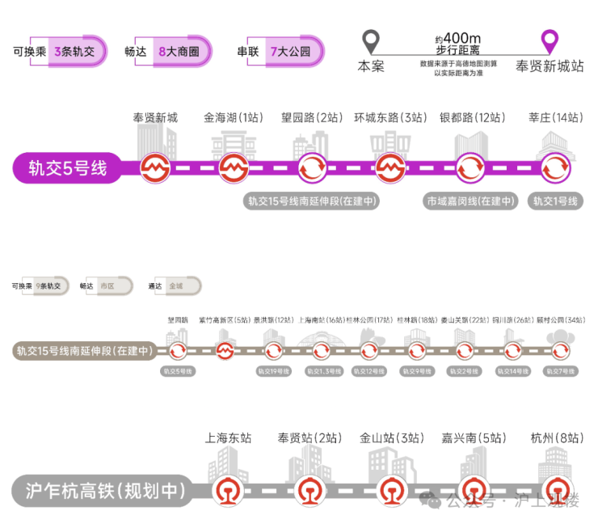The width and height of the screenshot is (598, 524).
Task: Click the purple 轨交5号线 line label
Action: pos(68,169)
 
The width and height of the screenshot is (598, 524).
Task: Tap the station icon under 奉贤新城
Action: pos(154,168)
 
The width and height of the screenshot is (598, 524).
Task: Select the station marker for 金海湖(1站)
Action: pos(233,168)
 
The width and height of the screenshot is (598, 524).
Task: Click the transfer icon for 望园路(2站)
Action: pos(312,168)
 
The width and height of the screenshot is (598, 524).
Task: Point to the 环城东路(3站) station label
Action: pos(390,117)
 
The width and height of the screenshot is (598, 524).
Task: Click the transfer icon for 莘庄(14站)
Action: pos(555,168)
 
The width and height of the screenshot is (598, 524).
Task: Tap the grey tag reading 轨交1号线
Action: pos(555,201)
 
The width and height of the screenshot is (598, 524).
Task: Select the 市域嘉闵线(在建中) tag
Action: pos(471,201)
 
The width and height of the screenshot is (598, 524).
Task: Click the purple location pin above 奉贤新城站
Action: pos(550,40)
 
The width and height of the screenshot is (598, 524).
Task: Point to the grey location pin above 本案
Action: pos(371,40)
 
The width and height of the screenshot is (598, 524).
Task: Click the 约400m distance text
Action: pos(458,38)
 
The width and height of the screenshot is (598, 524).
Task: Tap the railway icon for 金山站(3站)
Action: pos(391,490)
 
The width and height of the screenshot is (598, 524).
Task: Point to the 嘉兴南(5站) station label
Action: pos(474,437)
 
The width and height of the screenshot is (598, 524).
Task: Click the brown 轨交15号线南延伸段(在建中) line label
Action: pos(84,351)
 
